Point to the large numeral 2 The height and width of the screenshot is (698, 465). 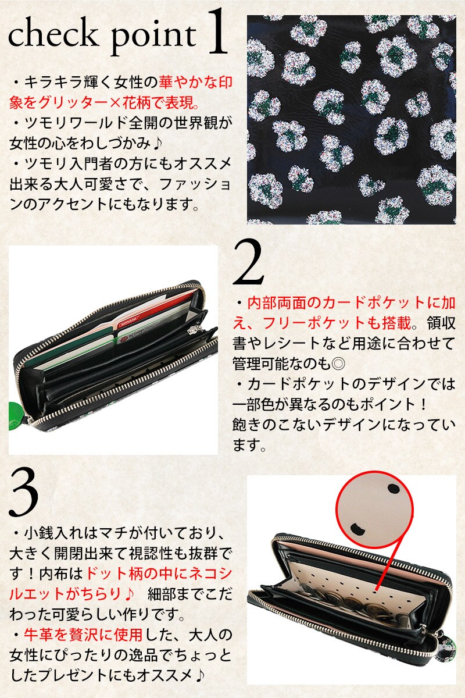[x=248, y=262]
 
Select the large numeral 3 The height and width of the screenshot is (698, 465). [x=24, y=493]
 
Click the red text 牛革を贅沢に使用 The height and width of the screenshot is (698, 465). [x=83, y=635]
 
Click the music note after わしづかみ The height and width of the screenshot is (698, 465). [x=158, y=143]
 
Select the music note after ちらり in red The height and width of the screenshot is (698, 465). [x=128, y=594]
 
